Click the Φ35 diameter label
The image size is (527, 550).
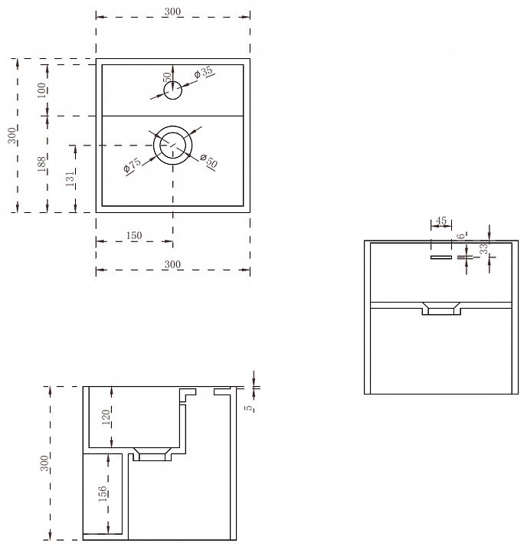click(204, 72)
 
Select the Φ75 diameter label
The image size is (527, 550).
click(133, 165)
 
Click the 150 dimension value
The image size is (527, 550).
click(134, 235)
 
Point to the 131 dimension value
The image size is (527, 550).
click(70, 178)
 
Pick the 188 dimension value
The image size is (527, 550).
click(42, 164)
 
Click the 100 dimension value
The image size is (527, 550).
click(42, 90)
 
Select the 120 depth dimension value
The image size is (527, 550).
click(106, 417)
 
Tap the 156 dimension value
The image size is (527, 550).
click(103, 493)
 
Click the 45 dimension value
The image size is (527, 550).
click(441, 221)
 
